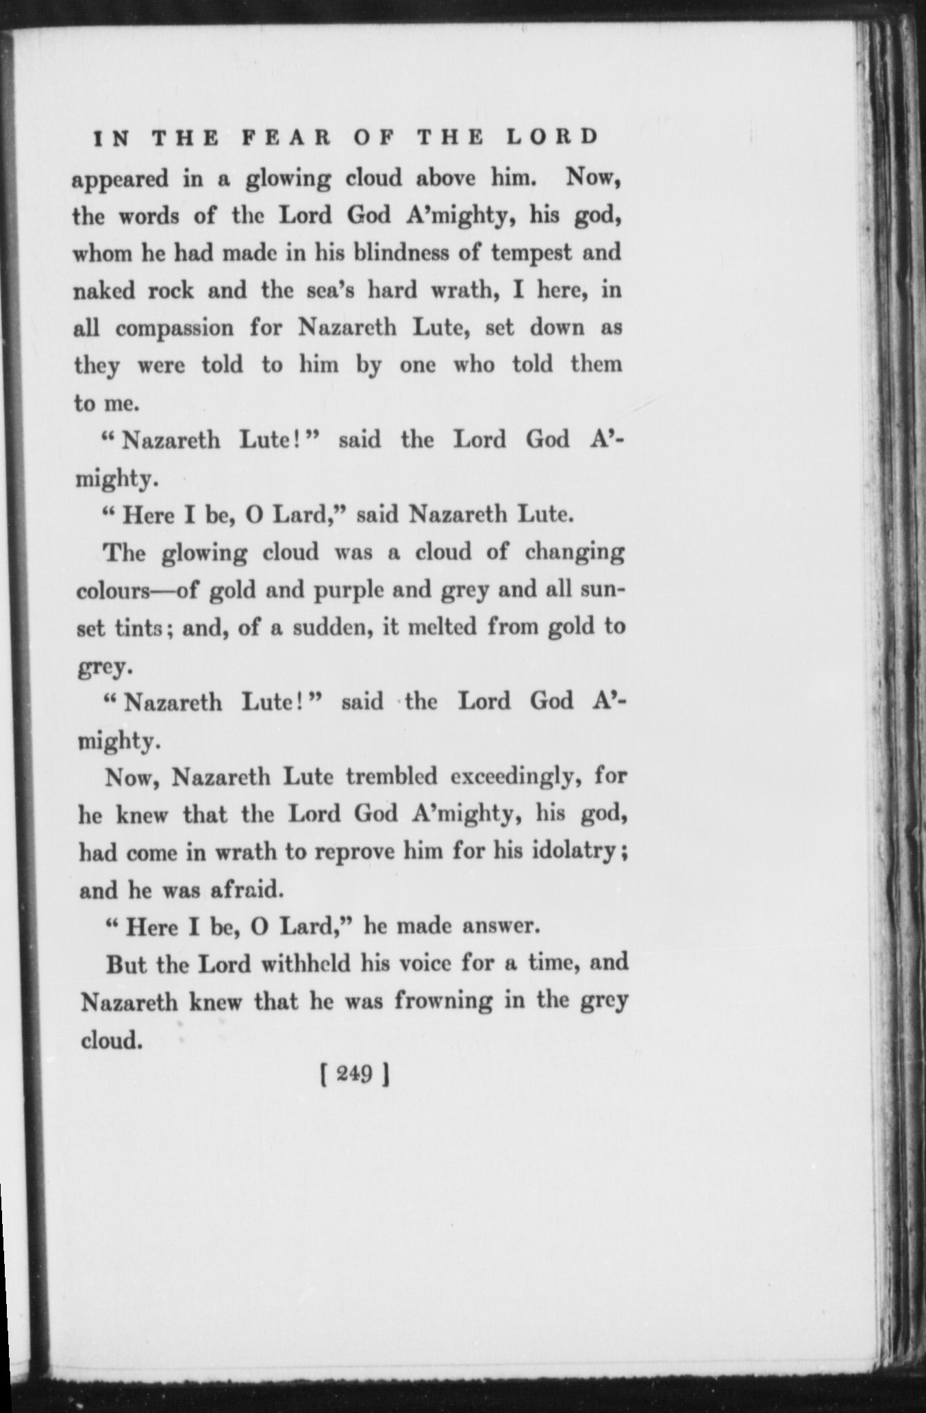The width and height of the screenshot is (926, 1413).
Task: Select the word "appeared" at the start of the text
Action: (x=121, y=181)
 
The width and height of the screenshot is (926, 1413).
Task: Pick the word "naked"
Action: (x=106, y=290)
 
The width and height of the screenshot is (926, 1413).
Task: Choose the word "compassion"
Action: (x=175, y=329)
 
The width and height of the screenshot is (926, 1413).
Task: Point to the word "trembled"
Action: (x=391, y=777)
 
